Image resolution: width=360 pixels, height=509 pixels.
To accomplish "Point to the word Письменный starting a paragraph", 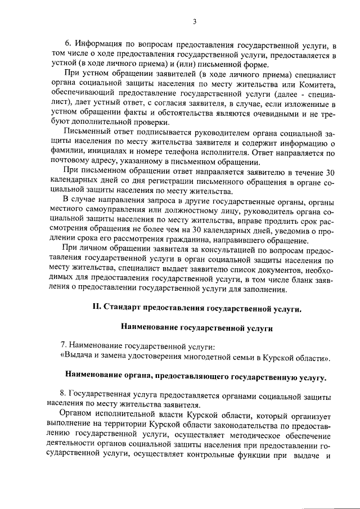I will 84,133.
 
